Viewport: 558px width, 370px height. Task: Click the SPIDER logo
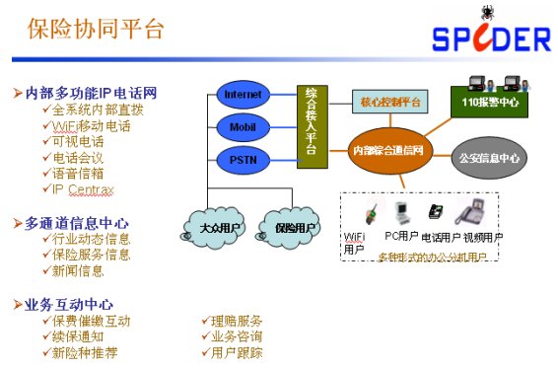click(489, 36)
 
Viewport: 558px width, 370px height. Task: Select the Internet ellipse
click(244, 95)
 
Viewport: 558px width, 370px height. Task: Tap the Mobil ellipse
click(244, 126)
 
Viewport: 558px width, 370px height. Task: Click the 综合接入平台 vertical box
click(313, 126)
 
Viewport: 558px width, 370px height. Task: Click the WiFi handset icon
click(374, 213)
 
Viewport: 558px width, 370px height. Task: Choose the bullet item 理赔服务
click(237, 321)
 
